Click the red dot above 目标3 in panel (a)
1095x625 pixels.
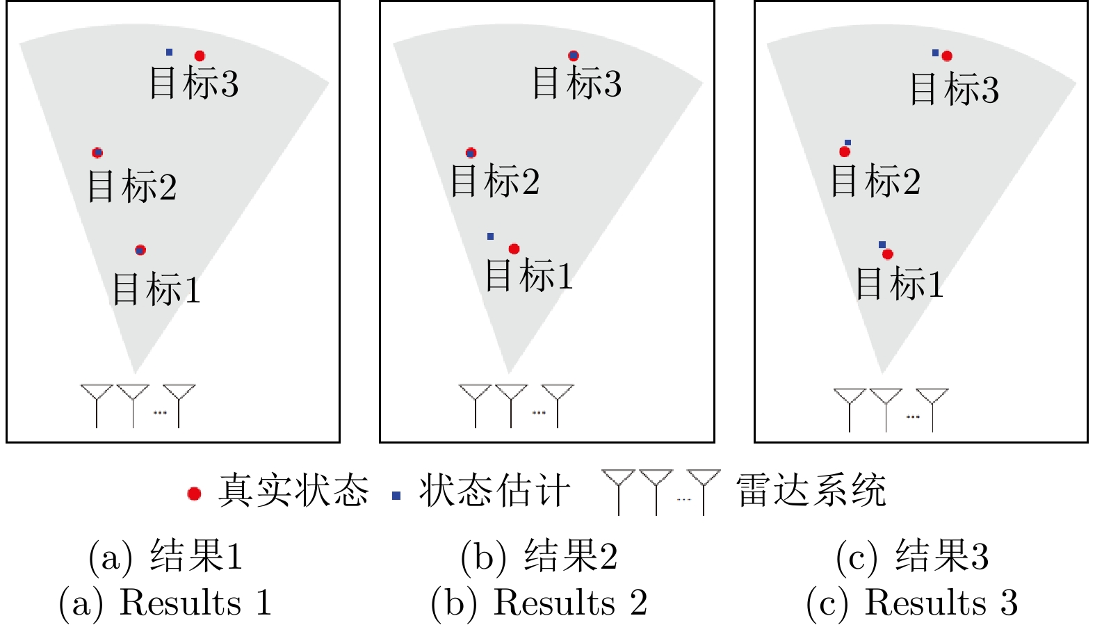pos(200,56)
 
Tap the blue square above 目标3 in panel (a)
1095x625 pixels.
pos(169,52)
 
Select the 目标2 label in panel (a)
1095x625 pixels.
pos(132,186)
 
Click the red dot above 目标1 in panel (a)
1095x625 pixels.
pos(140,250)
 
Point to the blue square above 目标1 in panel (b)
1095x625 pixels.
pos(490,236)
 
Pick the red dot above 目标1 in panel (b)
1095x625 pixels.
pos(514,249)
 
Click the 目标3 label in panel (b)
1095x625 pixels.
pos(576,83)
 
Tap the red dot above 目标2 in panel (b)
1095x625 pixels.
pos(471,153)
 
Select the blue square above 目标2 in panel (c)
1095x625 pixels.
pos(847,143)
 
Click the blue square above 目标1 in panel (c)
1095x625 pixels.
pos(882,245)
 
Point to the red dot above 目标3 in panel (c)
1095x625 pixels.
pos(947,56)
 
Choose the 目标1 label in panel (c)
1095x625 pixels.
pos(899,284)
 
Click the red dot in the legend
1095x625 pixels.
pos(195,494)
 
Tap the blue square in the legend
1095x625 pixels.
pos(396,496)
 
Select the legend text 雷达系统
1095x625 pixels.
pos(811,491)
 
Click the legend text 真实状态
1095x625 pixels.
pos(293,491)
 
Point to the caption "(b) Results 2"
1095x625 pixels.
pos(539,603)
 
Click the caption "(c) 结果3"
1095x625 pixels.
pos(912,556)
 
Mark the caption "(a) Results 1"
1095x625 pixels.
pos(165,603)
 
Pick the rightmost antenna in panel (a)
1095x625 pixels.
pos(179,403)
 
